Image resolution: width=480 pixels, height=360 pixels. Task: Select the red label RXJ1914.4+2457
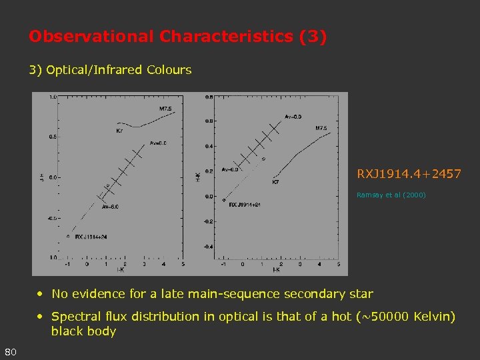pos(409,174)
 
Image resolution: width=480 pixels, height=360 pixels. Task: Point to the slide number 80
pos(10,351)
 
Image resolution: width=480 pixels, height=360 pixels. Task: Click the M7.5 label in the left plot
pos(165,109)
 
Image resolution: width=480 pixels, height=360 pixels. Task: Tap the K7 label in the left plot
pos(119,131)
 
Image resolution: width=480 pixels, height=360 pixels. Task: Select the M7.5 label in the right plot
pos(321,128)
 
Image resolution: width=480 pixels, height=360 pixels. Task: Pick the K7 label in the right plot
pos(275,181)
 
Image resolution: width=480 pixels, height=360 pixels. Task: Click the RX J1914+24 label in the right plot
pos(244,205)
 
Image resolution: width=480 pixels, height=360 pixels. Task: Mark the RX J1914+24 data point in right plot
pos(224,200)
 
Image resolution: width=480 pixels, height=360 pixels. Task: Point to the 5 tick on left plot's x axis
pos(183,264)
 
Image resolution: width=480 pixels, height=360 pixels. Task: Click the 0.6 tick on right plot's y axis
pos(209,121)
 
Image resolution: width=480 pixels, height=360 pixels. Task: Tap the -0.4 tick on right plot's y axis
pos(208,247)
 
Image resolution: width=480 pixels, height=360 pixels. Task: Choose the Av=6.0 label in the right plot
pos(230,169)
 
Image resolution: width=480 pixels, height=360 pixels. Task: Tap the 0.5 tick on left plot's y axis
pos(51,137)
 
